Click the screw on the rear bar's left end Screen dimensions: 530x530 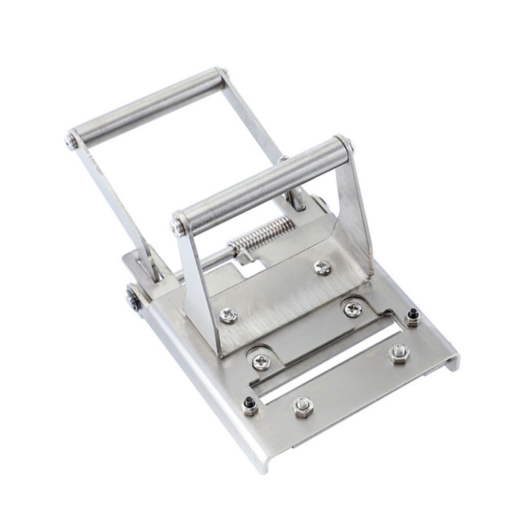[69, 141]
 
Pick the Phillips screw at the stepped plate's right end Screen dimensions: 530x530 [350, 308]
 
